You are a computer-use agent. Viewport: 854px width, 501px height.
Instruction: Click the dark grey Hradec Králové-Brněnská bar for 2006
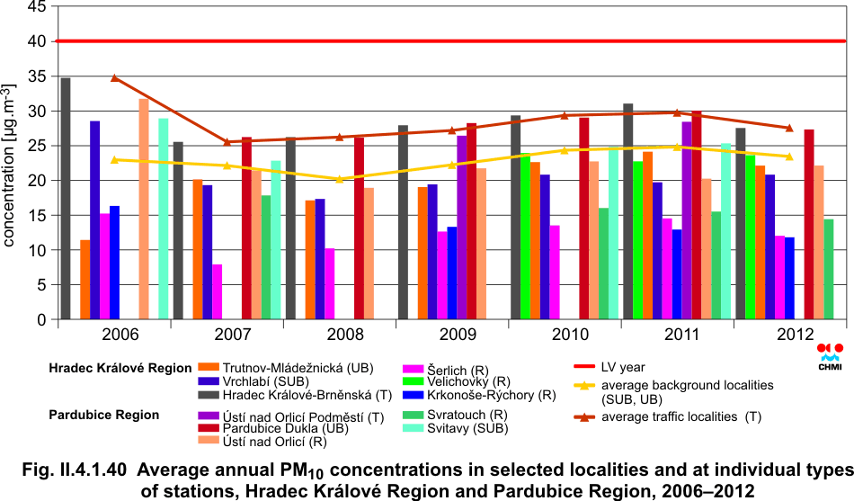tap(66, 199)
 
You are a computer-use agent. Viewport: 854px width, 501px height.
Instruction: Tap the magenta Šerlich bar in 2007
tap(218, 292)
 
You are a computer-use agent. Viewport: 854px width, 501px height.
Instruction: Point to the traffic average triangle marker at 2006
tap(115, 78)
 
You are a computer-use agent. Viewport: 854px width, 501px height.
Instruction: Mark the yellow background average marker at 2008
tap(340, 179)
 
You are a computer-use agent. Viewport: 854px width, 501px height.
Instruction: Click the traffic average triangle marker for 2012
tap(789, 128)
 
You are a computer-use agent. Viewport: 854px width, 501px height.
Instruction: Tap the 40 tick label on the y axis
tap(36, 40)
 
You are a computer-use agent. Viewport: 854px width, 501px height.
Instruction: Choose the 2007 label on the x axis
tap(227, 335)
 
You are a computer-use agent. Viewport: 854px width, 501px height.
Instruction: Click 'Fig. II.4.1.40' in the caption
tap(79, 470)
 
